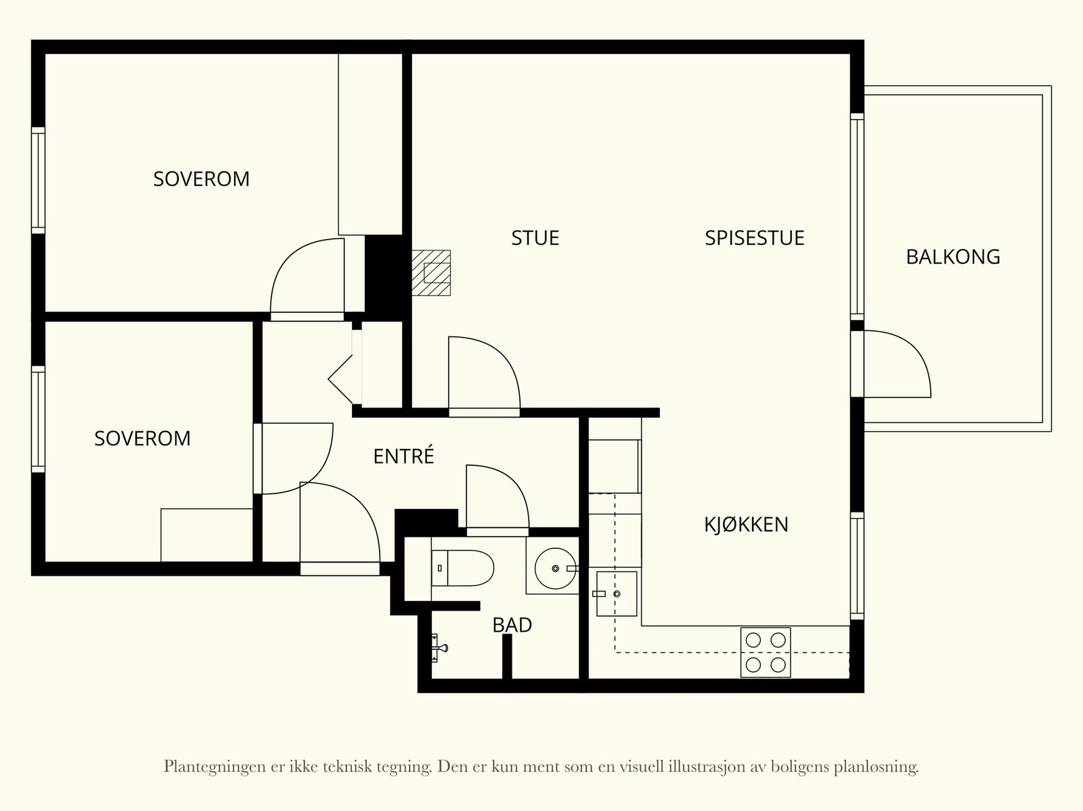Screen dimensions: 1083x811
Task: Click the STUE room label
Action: point(535,238)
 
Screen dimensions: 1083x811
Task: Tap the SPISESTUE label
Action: point(755,238)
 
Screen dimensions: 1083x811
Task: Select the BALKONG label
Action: point(953,257)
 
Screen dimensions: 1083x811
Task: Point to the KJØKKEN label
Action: point(746,524)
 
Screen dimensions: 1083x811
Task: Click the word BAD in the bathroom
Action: point(512,625)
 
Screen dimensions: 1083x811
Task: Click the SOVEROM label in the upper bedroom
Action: point(201,179)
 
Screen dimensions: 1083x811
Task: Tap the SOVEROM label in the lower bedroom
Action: point(142,438)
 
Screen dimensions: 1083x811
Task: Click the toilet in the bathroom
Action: point(462,568)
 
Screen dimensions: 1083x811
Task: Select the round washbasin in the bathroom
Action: point(555,568)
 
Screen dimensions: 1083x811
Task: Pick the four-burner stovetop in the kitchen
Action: point(766,652)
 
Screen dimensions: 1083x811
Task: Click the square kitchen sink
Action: point(616,594)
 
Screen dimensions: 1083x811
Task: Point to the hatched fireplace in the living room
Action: point(431,273)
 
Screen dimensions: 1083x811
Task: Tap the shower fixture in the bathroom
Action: point(439,648)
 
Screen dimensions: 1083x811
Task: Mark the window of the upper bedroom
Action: point(38,180)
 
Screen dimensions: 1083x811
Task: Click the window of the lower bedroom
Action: point(38,419)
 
